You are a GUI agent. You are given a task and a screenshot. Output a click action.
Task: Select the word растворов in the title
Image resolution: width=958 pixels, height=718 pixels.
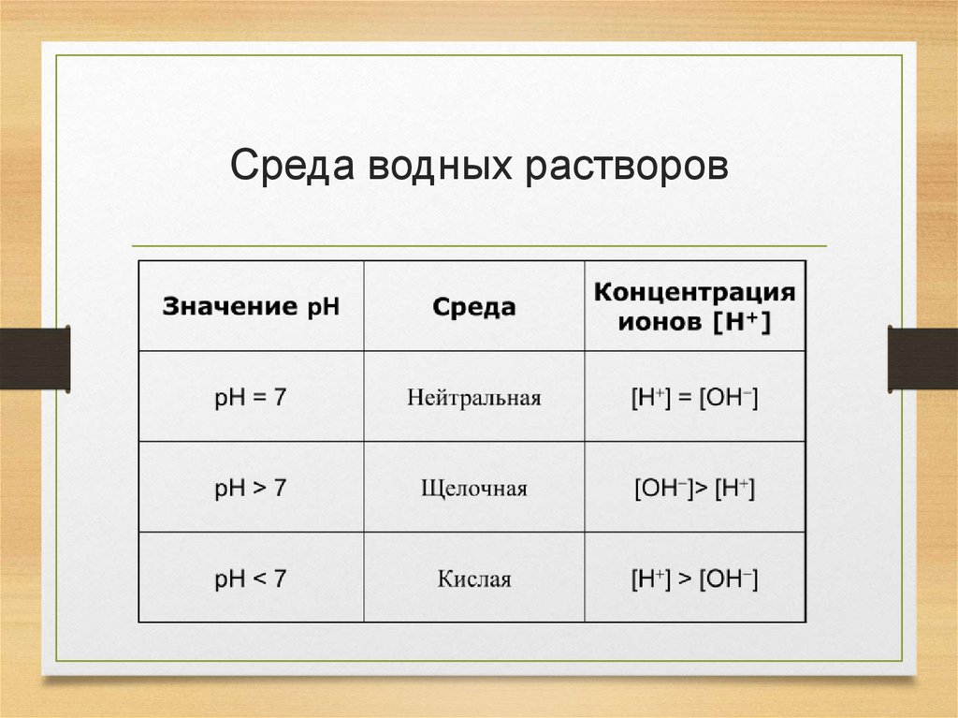point(625,166)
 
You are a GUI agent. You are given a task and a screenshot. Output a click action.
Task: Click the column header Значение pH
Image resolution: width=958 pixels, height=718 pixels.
point(251,307)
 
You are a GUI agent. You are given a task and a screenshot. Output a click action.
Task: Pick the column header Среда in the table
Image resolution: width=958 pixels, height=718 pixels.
point(473,307)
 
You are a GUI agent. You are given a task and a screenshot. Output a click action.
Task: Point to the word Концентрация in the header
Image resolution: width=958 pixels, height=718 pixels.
point(694,291)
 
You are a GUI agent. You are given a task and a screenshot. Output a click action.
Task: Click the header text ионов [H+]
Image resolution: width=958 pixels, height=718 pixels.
point(694,323)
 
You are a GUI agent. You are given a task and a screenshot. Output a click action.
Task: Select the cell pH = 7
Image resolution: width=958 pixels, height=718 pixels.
point(251,397)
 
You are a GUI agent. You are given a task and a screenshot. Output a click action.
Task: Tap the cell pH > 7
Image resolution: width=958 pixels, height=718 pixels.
point(251,488)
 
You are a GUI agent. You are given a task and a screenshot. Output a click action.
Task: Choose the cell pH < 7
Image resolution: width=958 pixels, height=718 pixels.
point(251,579)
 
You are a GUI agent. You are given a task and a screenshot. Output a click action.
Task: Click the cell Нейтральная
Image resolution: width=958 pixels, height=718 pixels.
point(473,398)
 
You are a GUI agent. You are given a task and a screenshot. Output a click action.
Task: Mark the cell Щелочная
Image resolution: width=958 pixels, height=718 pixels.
point(473,489)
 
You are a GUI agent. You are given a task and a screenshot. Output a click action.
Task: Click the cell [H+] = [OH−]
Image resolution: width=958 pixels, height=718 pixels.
point(694,397)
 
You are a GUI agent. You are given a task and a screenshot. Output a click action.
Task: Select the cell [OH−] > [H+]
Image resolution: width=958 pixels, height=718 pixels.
point(694,488)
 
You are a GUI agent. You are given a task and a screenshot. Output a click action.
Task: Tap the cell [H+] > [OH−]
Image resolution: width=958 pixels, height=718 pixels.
point(694,579)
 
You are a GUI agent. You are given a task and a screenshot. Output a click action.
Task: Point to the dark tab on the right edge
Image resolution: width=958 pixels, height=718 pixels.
point(922,358)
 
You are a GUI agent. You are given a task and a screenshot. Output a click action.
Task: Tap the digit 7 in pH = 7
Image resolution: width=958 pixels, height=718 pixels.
point(280,397)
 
